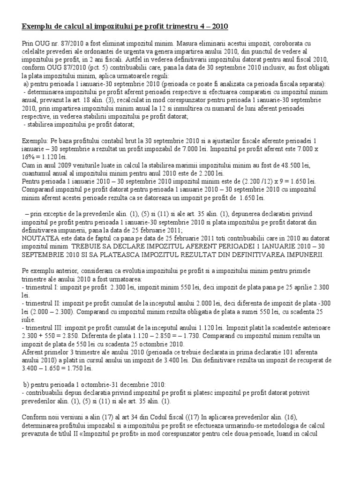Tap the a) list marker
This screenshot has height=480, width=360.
click(27, 84)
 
